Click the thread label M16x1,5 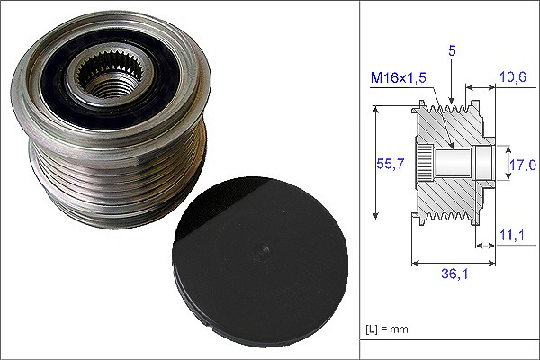(x=399, y=78)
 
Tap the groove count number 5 (x=452, y=50)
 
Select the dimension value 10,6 (x=513, y=76)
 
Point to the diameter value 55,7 (x=391, y=164)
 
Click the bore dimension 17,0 (x=523, y=165)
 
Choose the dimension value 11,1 (x=512, y=235)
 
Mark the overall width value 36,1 (x=454, y=274)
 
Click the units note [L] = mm (x=387, y=328)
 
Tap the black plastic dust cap (x=260, y=262)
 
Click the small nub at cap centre (x=263, y=249)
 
